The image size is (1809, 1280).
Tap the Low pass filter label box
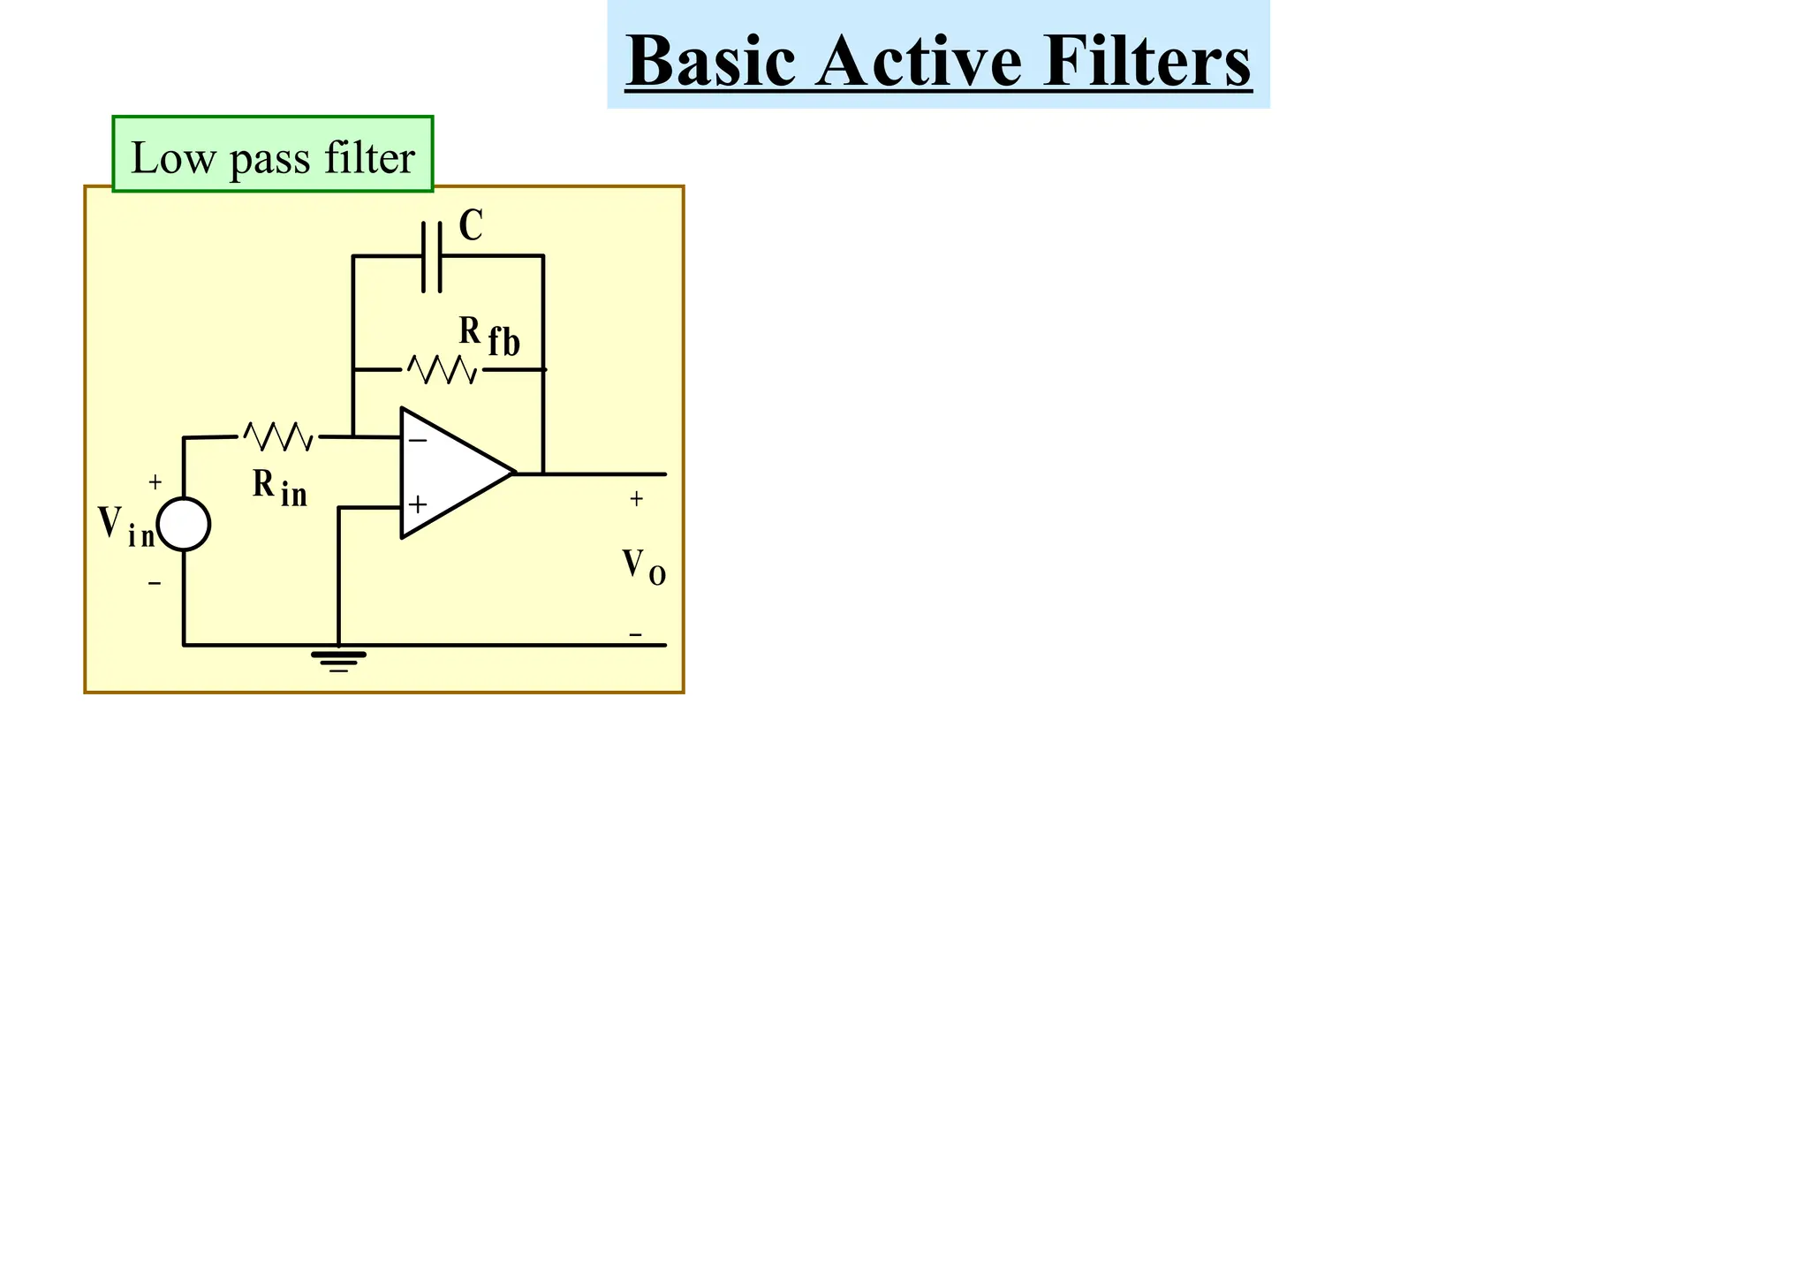tap(272, 155)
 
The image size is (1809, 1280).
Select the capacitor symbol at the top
tap(432, 256)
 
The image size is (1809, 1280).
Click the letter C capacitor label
tap(471, 226)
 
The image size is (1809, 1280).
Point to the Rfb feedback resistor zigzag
tap(443, 369)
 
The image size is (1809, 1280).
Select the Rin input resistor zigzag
tap(278, 436)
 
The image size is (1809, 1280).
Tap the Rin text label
tap(279, 488)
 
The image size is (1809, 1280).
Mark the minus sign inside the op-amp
tap(418, 440)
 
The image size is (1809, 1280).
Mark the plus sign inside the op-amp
tap(418, 505)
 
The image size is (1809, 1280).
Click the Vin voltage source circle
tap(184, 524)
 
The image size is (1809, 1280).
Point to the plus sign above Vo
tap(636, 499)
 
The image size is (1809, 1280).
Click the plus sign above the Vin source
tap(155, 482)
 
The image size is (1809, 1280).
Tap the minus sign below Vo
tap(635, 634)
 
